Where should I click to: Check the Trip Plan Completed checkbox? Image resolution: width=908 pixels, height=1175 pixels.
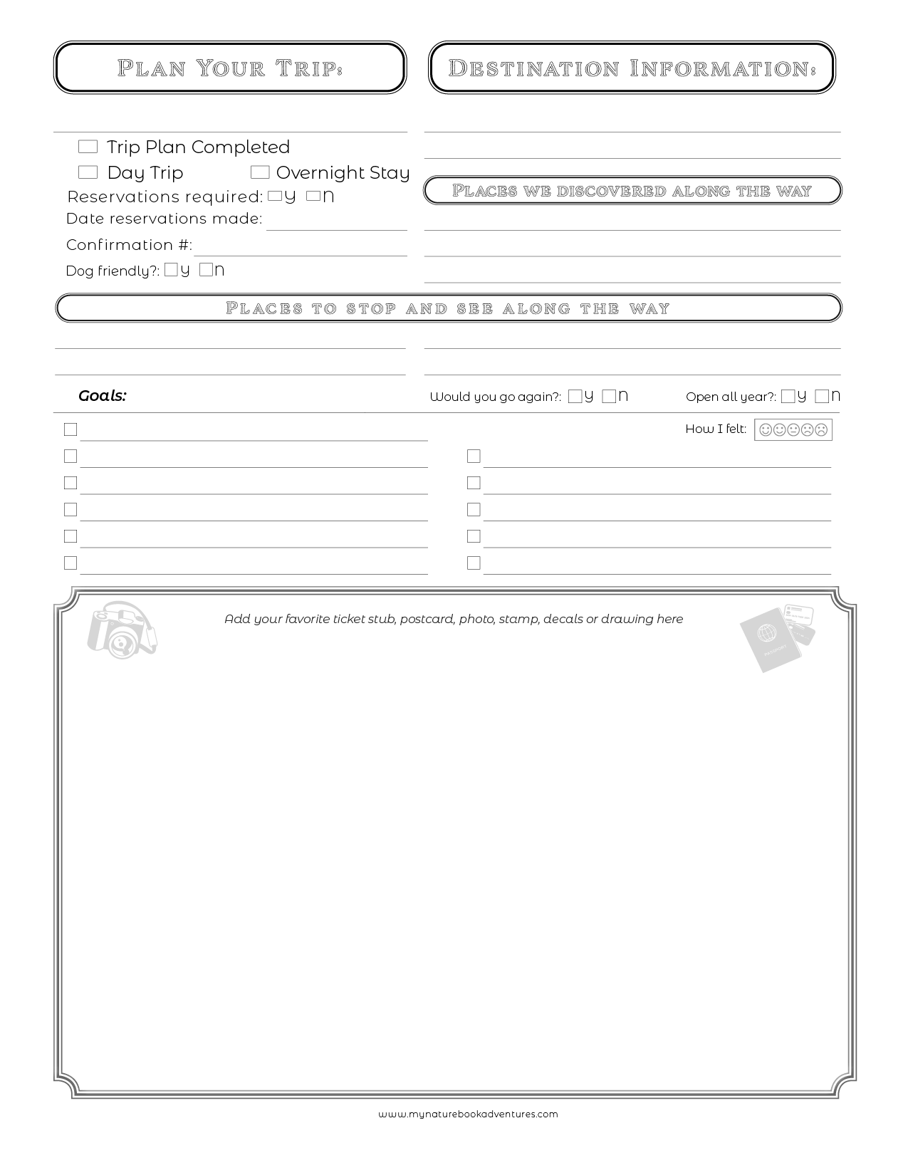click(88, 147)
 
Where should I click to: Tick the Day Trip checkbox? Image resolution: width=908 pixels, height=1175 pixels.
click(88, 172)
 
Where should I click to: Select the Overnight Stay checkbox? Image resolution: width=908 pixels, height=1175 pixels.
click(260, 172)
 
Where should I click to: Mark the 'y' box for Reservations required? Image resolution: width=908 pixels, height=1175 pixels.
click(275, 197)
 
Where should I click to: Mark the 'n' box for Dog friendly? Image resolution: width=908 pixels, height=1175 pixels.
click(206, 270)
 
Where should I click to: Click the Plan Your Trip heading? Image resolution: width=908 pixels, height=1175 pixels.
click(230, 68)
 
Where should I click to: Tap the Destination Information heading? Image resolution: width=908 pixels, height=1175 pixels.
click(632, 68)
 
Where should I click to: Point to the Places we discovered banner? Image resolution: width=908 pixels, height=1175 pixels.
click(632, 191)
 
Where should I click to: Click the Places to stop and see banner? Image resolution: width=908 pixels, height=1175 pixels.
click(448, 308)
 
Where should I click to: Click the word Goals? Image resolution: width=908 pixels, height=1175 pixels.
click(102, 396)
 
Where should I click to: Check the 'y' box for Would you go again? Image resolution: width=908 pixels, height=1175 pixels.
click(575, 397)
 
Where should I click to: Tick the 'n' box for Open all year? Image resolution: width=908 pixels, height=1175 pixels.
click(822, 397)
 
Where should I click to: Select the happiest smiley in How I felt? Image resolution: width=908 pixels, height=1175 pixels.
click(766, 430)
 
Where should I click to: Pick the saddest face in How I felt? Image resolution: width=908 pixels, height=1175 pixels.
click(821, 430)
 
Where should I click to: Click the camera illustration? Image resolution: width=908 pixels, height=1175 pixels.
click(121, 631)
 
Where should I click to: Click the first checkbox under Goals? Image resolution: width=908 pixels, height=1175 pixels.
click(71, 429)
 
